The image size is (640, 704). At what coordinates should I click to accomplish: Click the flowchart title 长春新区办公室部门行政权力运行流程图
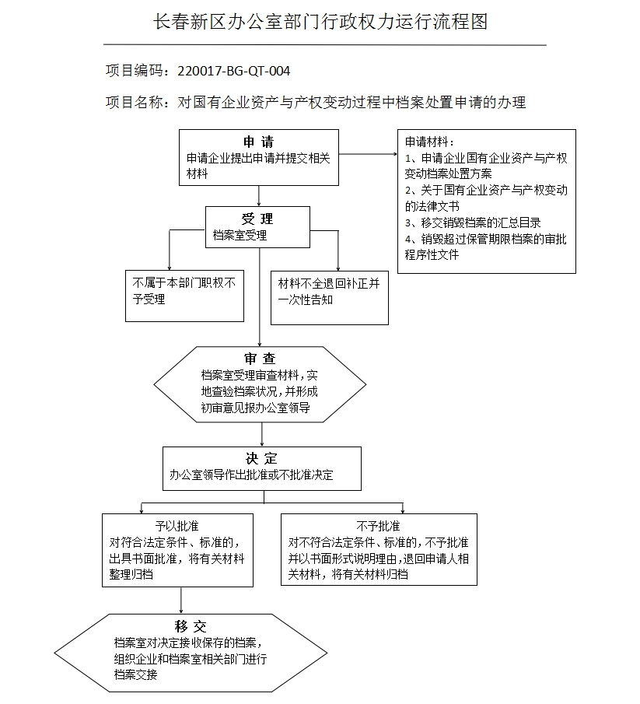click(320, 22)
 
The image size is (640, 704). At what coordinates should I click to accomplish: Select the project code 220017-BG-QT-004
click(233, 72)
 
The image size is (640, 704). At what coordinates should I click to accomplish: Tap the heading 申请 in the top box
click(258, 142)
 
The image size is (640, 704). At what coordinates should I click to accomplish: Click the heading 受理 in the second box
click(257, 219)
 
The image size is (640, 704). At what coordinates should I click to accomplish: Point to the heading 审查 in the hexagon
click(260, 359)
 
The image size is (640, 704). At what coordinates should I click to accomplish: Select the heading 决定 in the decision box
click(261, 459)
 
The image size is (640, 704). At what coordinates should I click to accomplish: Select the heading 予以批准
click(177, 526)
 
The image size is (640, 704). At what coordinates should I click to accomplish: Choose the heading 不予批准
click(378, 526)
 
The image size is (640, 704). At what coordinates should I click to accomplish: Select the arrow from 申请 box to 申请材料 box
click(367, 153)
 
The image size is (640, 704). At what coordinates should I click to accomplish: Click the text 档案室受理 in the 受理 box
click(240, 235)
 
